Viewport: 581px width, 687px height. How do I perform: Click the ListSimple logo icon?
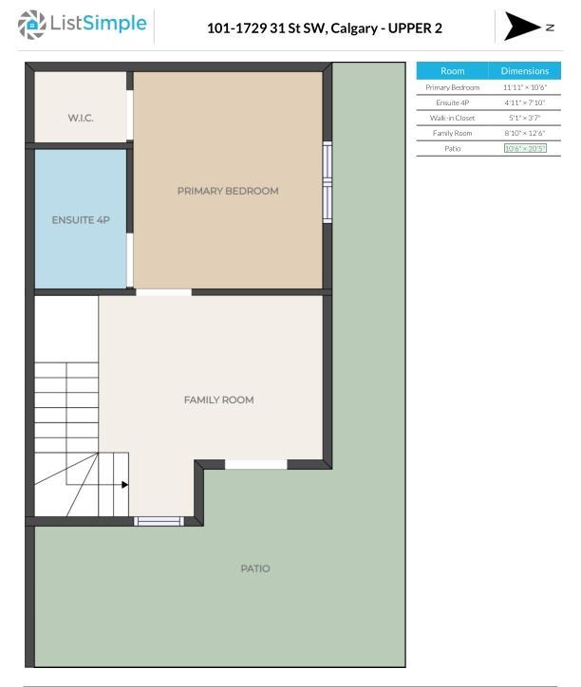tap(31, 25)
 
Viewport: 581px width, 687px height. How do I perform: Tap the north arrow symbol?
tap(521, 27)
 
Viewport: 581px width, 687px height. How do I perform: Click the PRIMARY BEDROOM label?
tap(228, 191)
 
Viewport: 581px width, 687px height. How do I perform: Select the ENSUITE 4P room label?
tap(81, 220)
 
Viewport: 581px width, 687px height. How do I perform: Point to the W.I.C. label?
tap(81, 118)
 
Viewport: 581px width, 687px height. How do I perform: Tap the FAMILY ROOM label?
tap(218, 399)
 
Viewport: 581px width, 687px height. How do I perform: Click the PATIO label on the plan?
tap(255, 568)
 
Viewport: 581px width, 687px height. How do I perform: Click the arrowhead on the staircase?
tap(125, 485)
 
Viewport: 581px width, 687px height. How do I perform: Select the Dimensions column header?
tap(524, 71)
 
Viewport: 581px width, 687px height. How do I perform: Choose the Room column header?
tap(452, 71)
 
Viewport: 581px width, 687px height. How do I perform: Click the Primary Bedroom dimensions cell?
tap(524, 87)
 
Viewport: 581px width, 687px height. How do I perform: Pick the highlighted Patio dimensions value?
tap(525, 149)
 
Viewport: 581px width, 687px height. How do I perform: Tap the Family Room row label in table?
tap(452, 133)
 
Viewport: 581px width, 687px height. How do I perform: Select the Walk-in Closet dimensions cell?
tap(524, 118)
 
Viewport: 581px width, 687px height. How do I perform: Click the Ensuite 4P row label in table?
tap(452, 102)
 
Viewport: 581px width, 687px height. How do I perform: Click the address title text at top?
tap(325, 28)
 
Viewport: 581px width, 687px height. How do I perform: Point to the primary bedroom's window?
tap(328, 182)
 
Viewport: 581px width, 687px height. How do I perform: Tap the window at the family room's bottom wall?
tap(159, 521)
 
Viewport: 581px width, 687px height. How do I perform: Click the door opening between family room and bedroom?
tap(163, 292)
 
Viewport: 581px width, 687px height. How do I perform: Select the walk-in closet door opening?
tap(130, 115)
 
